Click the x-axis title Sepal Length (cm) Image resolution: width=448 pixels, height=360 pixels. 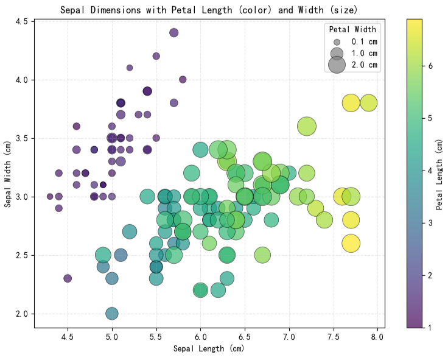coord(209,349)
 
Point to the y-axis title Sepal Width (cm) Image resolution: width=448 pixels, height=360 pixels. coord(9,173)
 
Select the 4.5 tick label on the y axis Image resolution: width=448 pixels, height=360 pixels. coord(21,21)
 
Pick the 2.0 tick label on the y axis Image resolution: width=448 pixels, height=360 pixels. coord(21,314)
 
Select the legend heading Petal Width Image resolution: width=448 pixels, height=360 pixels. coord(352,29)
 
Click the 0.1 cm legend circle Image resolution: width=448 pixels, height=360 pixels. coord(337,41)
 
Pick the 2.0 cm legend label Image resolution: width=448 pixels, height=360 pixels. coord(365,65)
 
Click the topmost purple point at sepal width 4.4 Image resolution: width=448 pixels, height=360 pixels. coord(173,33)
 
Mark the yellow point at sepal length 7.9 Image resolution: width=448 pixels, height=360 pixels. coord(368,103)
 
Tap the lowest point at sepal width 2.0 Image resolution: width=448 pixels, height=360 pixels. coord(111,314)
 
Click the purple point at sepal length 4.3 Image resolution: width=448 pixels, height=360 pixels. coord(50,197)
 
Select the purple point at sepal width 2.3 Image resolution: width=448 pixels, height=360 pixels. coord(68,278)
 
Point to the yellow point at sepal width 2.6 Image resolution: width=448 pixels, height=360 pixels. coord(351,244)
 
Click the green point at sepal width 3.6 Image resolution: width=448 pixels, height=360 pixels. coord(306,127)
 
